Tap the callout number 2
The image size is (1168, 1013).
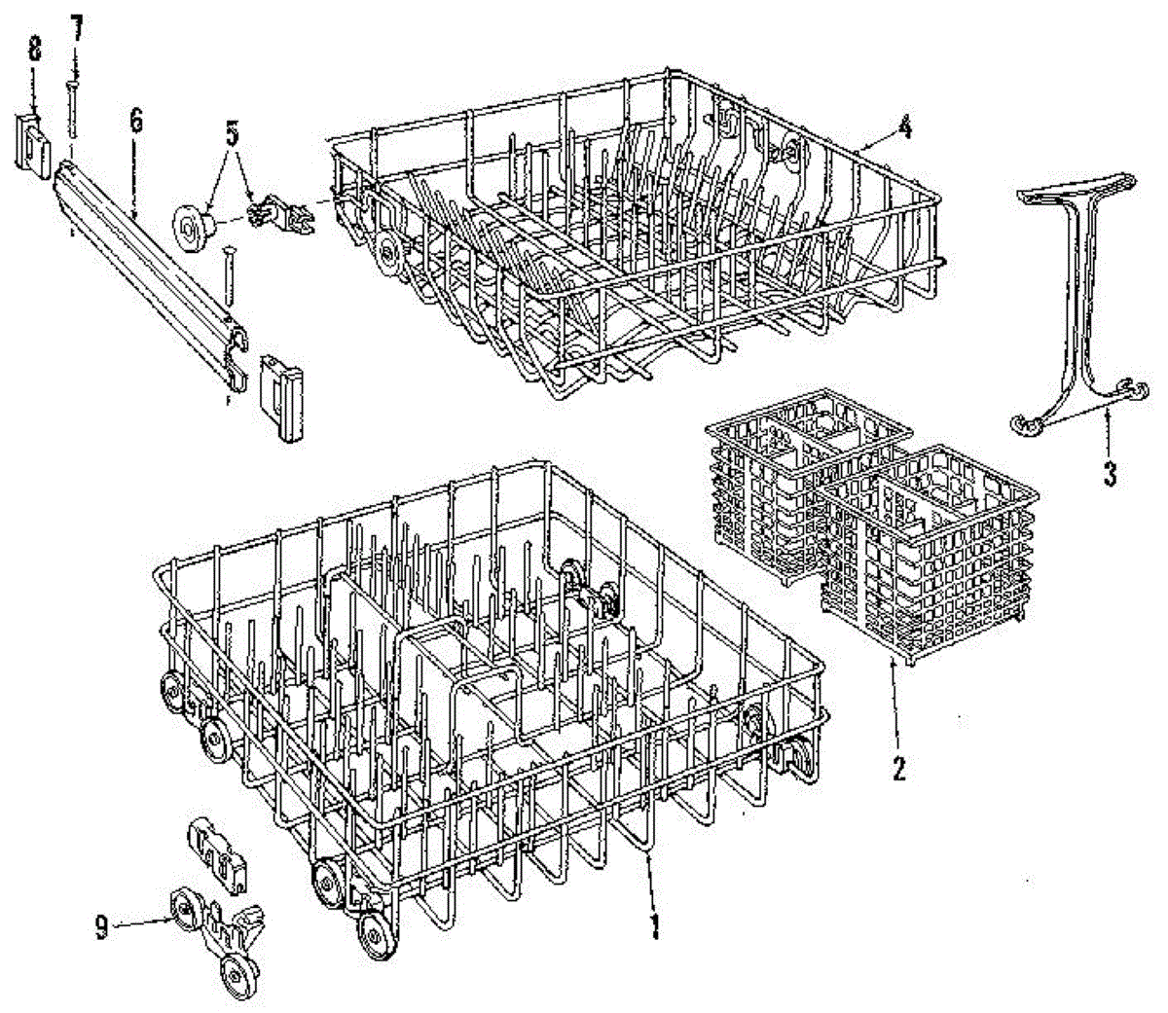pyautogui.click(x=897, y=768)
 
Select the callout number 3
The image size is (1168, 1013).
pyautogui.click(x=1109, y=475)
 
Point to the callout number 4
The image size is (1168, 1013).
pyautogui.click(x=904, y=127)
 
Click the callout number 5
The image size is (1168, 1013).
pyautogui.click(x=232, y=134)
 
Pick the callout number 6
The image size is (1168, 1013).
pyautogui.click(x=135, y=121)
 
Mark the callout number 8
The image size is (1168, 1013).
pyautogui.click(x=34, y=48)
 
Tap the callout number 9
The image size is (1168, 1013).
pyautogui.click(x=101, y=927)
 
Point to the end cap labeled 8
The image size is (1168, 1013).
pyautogui.click(x=35, y=143)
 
